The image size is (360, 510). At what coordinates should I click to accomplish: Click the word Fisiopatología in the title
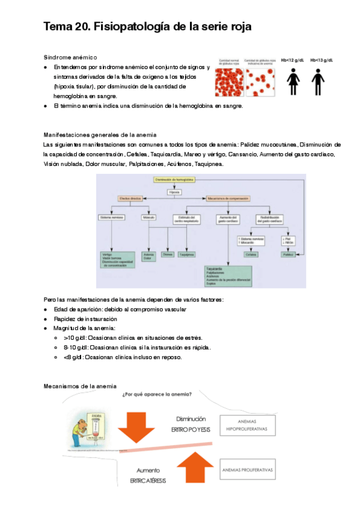pos(131,27)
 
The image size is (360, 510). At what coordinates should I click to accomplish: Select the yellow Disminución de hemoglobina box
pos(174,180)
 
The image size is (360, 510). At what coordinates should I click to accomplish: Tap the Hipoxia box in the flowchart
pos(174,191)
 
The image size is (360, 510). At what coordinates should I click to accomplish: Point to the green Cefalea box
pos(251,254)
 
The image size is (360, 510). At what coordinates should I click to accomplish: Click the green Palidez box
pos(289,254)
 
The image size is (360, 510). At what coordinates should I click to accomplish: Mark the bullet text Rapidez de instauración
pos(85,319)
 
